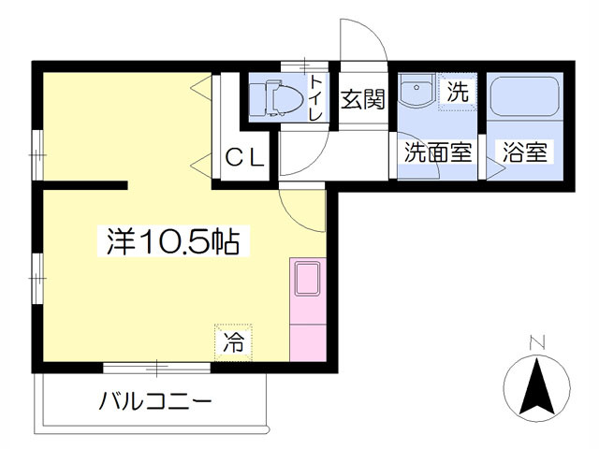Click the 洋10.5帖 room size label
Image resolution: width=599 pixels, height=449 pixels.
point(173,241)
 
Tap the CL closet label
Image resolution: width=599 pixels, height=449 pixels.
point(245,158)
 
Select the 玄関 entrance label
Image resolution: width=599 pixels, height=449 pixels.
point(362,99)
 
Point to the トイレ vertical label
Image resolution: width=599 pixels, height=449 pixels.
point(316,97)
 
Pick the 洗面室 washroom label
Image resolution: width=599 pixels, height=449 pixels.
point(438,152)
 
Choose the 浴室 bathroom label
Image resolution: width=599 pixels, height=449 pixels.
point(524,152)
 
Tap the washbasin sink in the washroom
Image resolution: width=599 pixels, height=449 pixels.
point(416,90)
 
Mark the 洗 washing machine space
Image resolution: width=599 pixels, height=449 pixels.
point(458,92)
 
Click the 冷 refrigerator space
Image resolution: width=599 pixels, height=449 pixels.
point(233,342)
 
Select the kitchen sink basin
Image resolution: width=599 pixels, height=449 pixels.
point(307,279)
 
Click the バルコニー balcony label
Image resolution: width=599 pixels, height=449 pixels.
point(155,401)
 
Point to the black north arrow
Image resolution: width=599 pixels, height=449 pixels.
point(536,386)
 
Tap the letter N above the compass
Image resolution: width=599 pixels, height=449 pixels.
point(536,342)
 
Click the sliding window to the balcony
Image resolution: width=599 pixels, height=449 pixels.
point(156,368)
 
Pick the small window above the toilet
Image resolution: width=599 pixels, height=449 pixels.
point(304,65)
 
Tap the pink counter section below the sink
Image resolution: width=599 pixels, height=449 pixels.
point(308,343)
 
